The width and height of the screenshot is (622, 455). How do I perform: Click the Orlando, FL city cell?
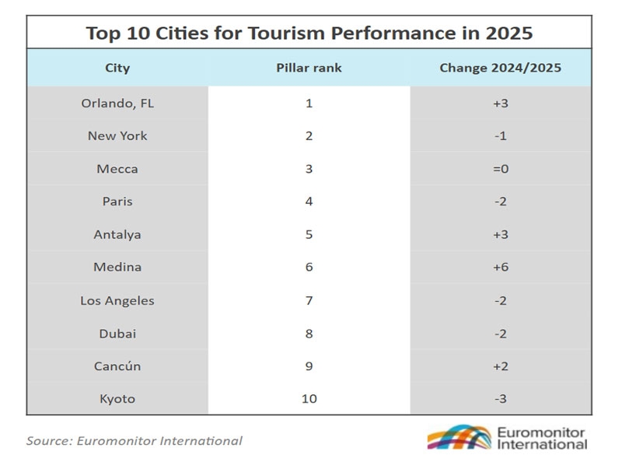[117, 103]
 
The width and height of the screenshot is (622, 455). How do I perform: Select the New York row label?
[117, 135]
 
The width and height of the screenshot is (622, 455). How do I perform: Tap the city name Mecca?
[117, 169]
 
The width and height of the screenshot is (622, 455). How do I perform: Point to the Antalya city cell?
[117, 234]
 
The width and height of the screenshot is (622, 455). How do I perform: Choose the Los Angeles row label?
[117, 300]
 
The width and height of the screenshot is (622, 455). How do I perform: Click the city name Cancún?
[117, 366]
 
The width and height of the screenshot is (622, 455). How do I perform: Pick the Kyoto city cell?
[117, 398]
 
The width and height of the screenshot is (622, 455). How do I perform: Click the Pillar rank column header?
[309, 68]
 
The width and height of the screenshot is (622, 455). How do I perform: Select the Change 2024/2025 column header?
[500, 68]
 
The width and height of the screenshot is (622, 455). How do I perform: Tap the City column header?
[117, 68]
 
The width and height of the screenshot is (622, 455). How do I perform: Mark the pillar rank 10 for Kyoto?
[309, 398]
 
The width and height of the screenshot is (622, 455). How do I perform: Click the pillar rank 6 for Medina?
[309, 267]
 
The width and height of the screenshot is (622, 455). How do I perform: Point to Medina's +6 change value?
[500, 267]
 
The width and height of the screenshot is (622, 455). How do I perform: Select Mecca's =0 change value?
[500, 169]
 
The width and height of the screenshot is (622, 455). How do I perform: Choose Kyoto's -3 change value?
[500, 398]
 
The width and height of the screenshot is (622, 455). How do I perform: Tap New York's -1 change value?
[500, 135]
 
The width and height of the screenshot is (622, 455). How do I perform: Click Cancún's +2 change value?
[500, 366]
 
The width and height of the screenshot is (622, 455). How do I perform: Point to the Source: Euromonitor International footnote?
[134, 440]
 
